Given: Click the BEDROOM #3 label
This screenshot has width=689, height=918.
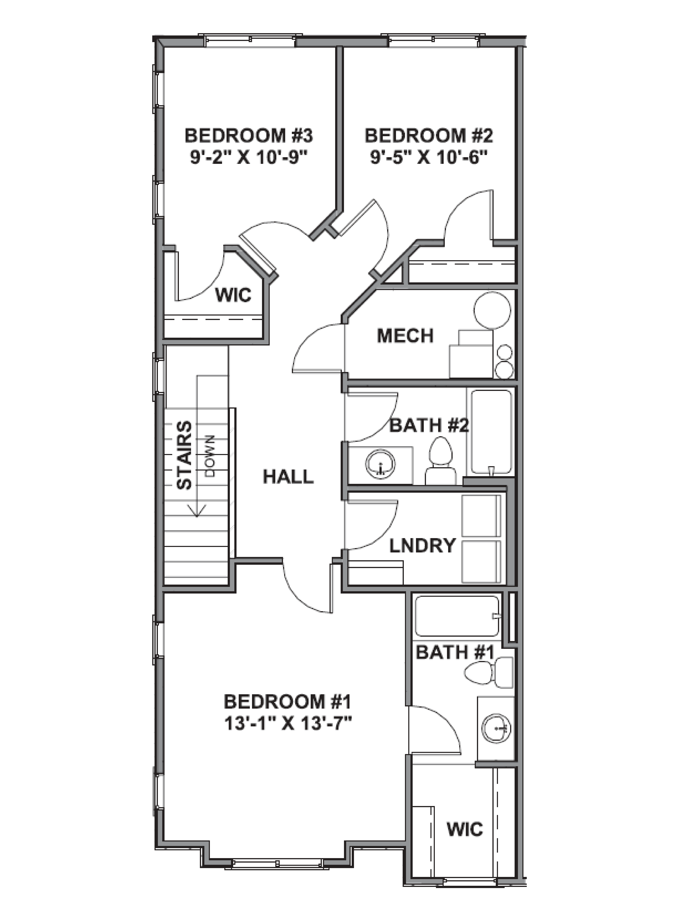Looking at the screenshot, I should point(248,136).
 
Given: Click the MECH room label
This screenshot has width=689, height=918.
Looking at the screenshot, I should point(405,336).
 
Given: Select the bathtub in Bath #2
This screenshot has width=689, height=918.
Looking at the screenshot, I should point(491,432).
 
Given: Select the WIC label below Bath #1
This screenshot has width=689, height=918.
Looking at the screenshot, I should point(464,829).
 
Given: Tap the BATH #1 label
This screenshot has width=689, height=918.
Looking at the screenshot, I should point(455,652).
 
